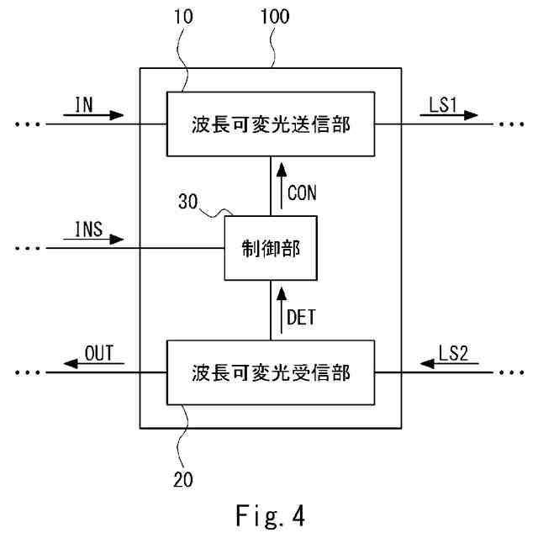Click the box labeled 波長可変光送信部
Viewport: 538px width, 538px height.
pos(270,124)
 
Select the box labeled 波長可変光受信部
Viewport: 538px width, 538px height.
pos(270,371)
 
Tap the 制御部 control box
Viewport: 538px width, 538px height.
pos(270,248)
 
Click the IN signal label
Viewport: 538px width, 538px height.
pos(84,103)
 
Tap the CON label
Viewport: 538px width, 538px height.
pos(302,193)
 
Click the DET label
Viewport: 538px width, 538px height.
pos(302,317)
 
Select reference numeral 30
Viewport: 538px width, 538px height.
pos(190,202)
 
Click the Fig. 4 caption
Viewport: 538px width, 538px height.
pos(269,514)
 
